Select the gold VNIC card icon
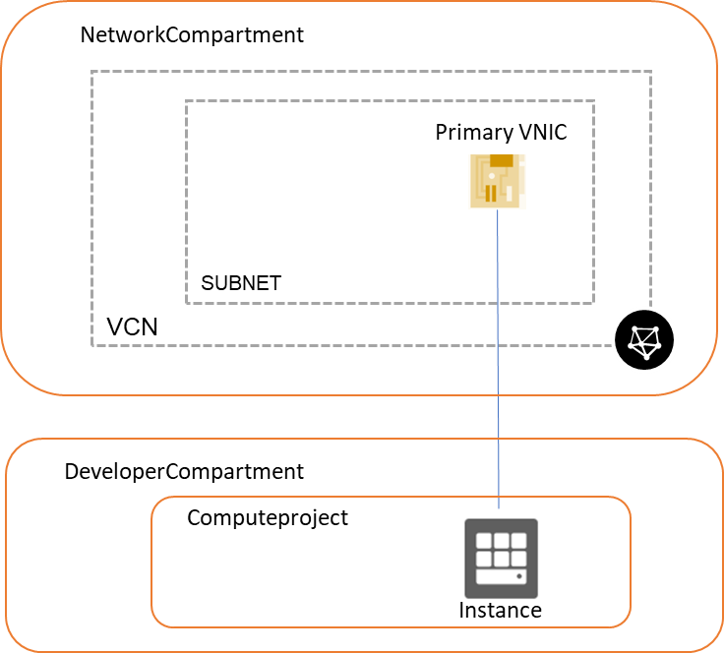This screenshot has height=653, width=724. tap(497, 181)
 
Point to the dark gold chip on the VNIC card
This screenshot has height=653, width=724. tap(502, 161)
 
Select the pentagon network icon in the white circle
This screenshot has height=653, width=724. tap(645, 340)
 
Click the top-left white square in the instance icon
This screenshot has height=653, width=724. tap(484, 540)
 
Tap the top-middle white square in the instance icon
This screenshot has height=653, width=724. tap(501, 540)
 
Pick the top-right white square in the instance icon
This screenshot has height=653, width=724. tap(517, 540)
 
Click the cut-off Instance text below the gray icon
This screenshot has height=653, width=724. tap(500, 606)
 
